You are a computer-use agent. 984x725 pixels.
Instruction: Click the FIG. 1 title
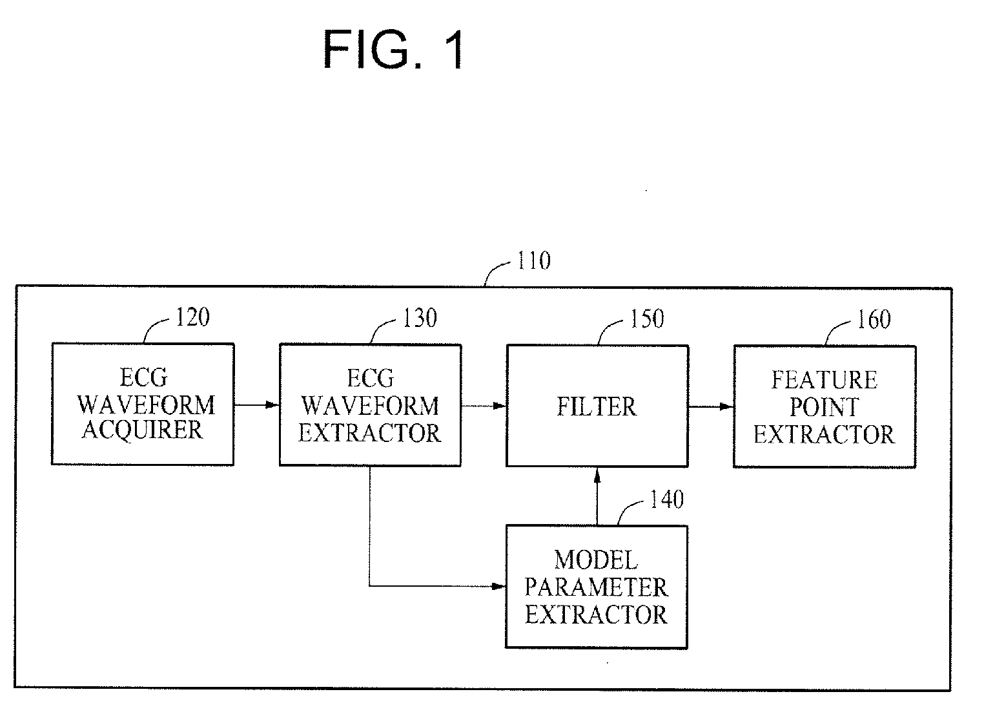tap(394, 49)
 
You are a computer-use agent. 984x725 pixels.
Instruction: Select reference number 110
tap(534, 260)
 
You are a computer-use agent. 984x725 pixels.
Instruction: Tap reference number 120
tap(193, 317)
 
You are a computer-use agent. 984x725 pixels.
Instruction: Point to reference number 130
tap(420, 319)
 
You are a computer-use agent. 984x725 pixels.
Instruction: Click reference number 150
tap(647, 319)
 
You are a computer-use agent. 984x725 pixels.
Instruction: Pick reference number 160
tap(874, 320)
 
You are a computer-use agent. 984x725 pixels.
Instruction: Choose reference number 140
tap(667, 499)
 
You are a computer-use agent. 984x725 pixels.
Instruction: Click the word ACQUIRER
tap(143, 430)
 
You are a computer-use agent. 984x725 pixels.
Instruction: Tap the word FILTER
tap(597, 406)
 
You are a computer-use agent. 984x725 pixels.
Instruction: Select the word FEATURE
tap(825, 381)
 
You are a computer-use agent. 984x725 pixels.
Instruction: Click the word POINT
tap(825, 407)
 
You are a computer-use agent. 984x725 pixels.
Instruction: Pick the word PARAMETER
tap(597, 587)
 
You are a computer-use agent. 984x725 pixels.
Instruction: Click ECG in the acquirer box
tap(143, 377)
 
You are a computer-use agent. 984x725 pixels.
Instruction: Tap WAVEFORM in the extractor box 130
tap(370, 406)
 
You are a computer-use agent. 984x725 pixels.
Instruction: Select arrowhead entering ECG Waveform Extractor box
tap(272, 405)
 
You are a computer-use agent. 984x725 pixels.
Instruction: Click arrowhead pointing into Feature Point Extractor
tap(727, 406)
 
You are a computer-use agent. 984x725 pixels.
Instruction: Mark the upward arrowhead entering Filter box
tap(597, 476)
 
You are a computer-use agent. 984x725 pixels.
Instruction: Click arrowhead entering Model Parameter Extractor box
tap(498, 586)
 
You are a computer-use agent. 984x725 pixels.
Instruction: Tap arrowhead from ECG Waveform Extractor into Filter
tap(500, 406)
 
